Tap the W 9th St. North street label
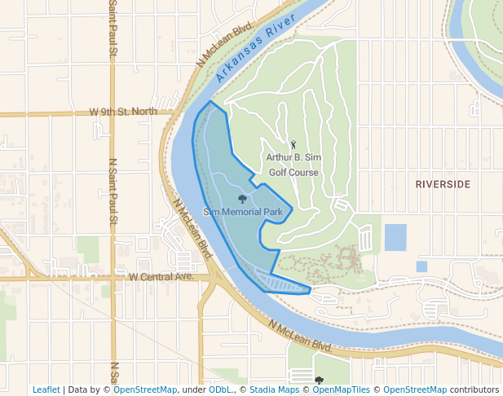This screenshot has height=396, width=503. point(123,111)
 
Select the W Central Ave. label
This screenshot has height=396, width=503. point(160,277)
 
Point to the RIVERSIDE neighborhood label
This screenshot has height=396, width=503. point(443,184)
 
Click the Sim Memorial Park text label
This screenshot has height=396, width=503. point(242,212)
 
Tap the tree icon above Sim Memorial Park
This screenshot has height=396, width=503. point(242,198)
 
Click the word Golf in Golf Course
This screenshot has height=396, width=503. point(279,173)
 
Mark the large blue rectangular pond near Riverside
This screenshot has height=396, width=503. point(395,237)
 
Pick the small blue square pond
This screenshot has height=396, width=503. point(421,266)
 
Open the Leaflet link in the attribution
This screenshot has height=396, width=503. point(46,389)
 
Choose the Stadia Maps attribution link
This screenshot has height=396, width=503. point(276,389)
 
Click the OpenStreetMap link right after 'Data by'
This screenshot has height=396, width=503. point(144,389)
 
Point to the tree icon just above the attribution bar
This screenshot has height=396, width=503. point(319,380)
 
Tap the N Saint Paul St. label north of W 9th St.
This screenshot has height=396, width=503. point(111,29)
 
